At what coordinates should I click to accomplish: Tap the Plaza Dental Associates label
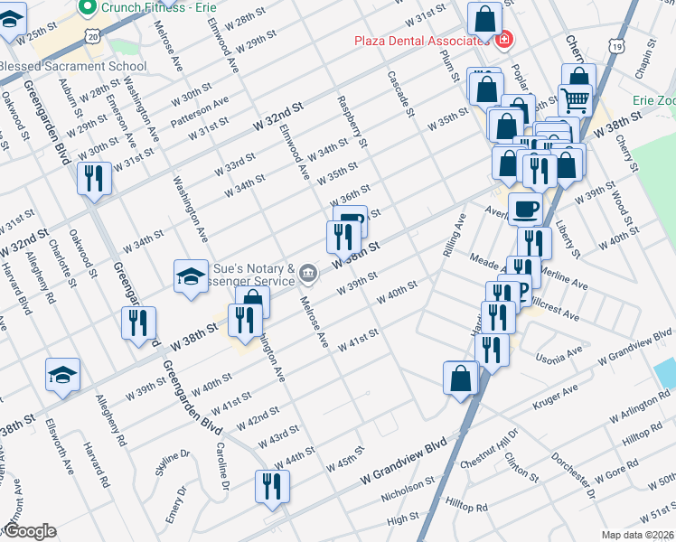pyautogui.click(x=421, y=41)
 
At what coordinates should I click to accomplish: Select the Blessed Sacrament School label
pyautogui.click(x=72, y=66)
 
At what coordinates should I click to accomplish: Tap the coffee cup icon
pyautogui.click(x=525, y=210)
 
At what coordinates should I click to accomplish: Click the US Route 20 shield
pyautogui.click(x=95, y=35)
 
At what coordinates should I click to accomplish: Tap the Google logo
pyautogui.click(x=30, y=530)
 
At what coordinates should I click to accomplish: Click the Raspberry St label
pyautogui.click(x=352, y=122)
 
